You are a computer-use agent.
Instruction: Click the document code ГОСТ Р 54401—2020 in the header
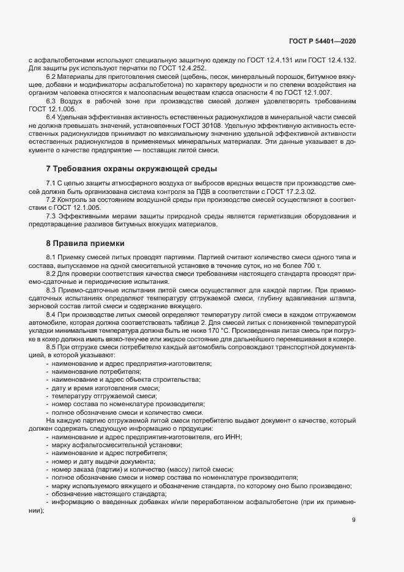tap(322, 41)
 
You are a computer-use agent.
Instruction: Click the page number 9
tap(354, 521)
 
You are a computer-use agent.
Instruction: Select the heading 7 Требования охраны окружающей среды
tap(131, 168)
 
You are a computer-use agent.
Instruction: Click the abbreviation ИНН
tap(233, 436)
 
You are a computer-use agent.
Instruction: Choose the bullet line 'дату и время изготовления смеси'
tap(101, 388)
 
